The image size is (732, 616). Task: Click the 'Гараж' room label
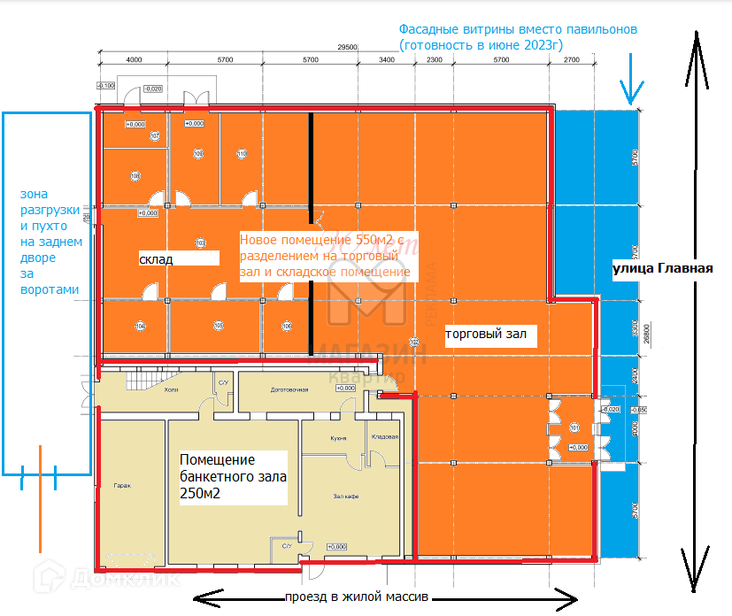(122, 486)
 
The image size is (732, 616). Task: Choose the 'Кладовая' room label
(385, 436)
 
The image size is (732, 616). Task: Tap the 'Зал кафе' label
(345, 497)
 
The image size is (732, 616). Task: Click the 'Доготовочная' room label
(289, 390)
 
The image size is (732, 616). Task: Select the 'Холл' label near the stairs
(171, 389)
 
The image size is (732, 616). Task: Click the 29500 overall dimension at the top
(347, 47)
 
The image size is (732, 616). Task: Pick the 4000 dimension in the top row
(135, 60)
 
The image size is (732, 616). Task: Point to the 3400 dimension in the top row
(386, 60)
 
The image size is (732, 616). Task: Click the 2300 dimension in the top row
(434, 60)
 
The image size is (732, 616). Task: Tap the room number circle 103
(200, 243)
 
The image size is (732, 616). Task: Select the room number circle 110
(241, 154)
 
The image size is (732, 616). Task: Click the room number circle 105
(219, 326)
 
